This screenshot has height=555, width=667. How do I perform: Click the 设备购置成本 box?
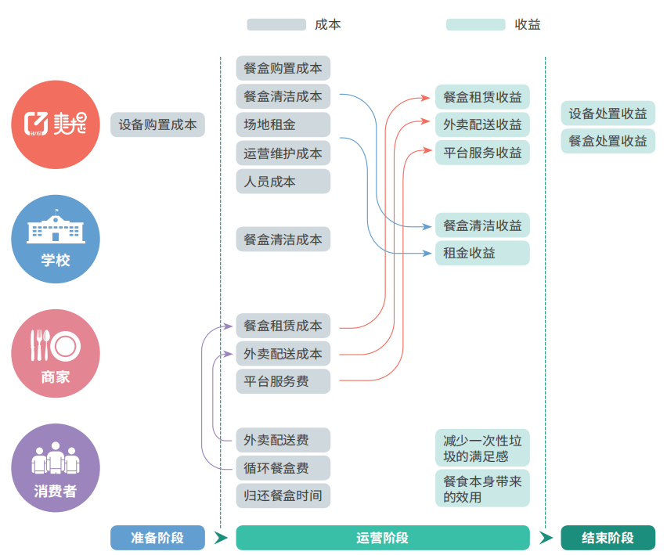pyautogui.click(x=157, y=124)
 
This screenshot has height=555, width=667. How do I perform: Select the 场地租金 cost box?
pyautogui.click(x=283, y=125)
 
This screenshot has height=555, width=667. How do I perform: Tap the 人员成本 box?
pyautogui.click(x=283, y=182)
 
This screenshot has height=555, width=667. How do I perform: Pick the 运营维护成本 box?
pyautogui.click(x=283, y=153)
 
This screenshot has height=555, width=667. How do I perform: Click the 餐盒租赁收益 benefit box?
pyautogui.click(x=482, y=97)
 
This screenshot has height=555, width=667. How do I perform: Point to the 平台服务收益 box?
pyautogui.click(x=482, y=153)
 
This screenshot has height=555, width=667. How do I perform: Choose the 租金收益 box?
pyautogui.click(x=482, y=253)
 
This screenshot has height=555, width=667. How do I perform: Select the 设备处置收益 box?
pyautogui.click(x=608, y=114)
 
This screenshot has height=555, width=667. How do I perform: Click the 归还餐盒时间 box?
pyautogui.click(x=283, y=496)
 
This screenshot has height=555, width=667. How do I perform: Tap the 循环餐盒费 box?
pyautogui.click(x=283, y=468)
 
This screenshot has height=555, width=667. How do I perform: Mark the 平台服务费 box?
pyautogui.click(x=283, y=382)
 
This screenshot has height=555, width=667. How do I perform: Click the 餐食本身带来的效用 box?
pyautogui.click(x=482, y=489)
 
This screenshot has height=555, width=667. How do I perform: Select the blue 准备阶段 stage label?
pyautogui.click(x=157, y=538)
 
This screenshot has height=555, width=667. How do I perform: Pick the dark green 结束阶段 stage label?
pyautogui.click(x=608, y=538)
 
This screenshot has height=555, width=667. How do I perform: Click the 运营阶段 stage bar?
pyautogui.click(x=382, y=538)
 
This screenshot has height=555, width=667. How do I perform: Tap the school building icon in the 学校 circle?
pyautogui.click(x=56, y=228)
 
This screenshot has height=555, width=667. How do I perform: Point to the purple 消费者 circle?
pyautogui.click(x=56, y=468)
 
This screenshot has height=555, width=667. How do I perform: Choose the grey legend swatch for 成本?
pyautogui.click(x=276, y=24)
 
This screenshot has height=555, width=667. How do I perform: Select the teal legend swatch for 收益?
pyautogui.click(x=475, y=24)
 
